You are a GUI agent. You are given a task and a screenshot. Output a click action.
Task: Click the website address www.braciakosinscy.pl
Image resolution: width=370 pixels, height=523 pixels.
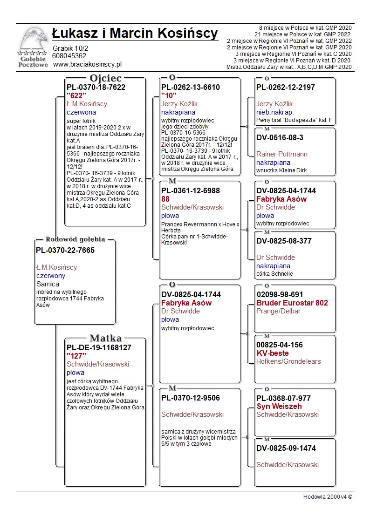tap(87, 65)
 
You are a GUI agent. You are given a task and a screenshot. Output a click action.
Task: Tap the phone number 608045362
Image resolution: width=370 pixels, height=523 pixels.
tap(69, 56)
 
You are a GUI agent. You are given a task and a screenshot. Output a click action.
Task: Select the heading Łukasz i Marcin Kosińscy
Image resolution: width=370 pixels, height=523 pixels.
tap(135, 34)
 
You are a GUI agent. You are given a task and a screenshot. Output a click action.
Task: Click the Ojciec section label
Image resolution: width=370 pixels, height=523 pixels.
tap(106, 78)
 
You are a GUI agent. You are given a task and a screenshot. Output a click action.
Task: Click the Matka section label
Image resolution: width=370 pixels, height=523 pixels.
tap(106, 338)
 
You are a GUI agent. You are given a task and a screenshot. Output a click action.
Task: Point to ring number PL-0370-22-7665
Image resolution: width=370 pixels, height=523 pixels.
tap(65, 251)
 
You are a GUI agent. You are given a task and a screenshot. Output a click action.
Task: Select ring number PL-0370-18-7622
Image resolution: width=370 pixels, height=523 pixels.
tap(96, 87)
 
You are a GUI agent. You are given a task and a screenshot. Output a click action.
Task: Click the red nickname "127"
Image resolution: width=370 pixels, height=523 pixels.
tap(76, 356)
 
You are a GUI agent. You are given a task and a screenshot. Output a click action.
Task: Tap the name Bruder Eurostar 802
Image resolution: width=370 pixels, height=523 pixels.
tap(292, 303)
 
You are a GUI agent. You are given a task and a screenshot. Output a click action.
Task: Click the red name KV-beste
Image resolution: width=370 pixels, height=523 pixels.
tap(273, 353)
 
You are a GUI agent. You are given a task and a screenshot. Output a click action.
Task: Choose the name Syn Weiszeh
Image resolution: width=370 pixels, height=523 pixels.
tap(279, 406)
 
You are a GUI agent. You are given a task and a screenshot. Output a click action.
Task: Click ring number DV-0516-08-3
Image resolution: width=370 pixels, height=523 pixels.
tap(280, 137)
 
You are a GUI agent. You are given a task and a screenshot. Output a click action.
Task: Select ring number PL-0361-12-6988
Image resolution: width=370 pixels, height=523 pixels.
tap(191, 191)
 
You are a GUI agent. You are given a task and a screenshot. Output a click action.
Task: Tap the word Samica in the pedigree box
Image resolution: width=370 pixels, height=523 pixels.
tap(48, 284)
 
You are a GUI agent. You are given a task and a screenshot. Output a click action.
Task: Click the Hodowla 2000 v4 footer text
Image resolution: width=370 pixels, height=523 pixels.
tap(328, 496)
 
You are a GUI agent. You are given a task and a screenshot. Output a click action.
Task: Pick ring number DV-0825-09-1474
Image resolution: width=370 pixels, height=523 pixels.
tap(286, 448)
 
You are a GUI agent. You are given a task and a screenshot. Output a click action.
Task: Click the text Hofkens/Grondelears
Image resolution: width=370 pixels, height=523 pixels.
tap(288, 361)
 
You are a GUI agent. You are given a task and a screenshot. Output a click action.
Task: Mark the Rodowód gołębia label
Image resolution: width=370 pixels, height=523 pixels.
tap(75, 239)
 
